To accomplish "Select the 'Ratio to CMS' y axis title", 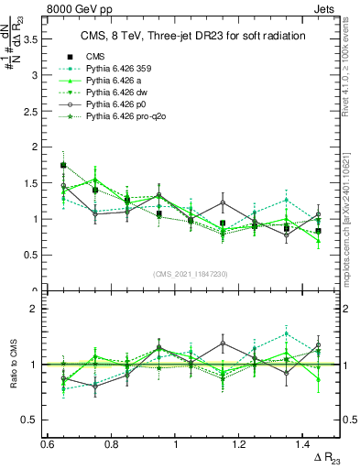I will point(13,366).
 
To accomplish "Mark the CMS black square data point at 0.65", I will point(63,166).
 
